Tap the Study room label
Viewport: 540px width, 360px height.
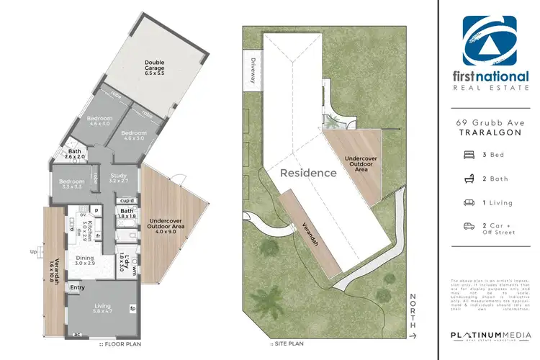tap(118, 178)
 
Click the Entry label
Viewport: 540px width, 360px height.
tap(77, 287)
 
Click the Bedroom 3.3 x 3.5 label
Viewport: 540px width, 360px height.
tap(72, 184)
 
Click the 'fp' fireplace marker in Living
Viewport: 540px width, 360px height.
tap(133, 309)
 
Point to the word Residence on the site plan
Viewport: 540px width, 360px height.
tap(308, 173)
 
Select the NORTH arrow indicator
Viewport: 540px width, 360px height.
tap(413, 315)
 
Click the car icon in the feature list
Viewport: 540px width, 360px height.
tap(468, 227)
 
